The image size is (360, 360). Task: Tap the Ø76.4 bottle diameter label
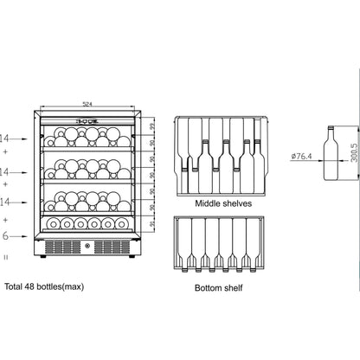301,156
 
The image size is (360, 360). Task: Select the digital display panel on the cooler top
87,122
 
